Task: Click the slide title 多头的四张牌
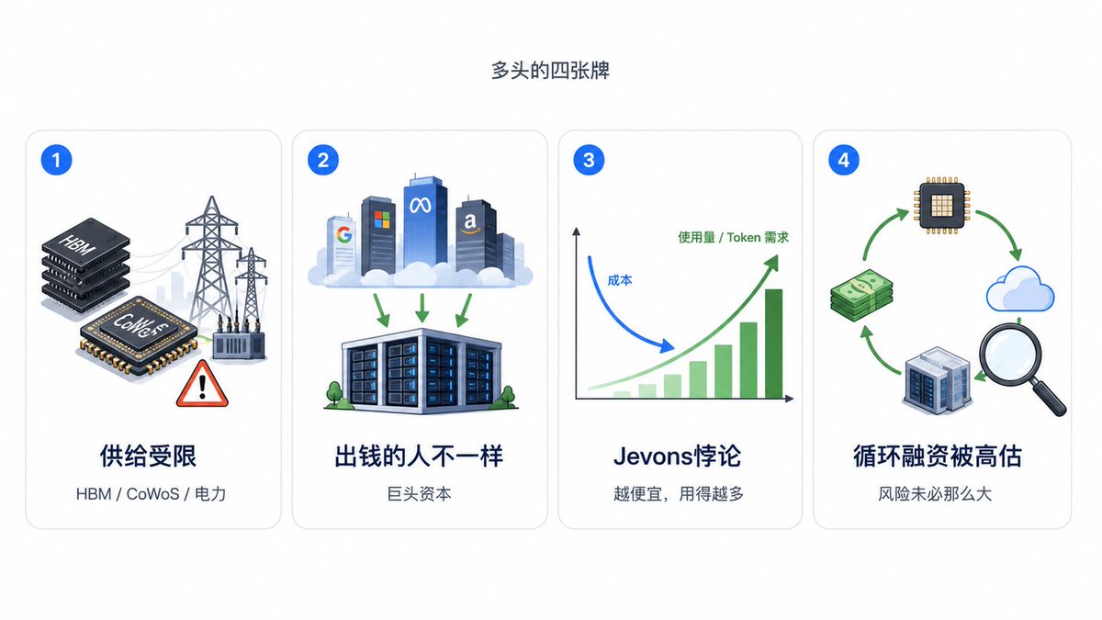pyautogui.click(x=550, y=71)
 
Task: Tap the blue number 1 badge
pyautogui.click(x=56, y=160)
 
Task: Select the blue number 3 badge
pyautogui.click(x=589, y=160)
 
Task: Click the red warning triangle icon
pyautogui.click(x=202, y=384)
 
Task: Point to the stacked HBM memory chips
pyautogui.click(x=85, y=265)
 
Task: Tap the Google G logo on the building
pyautogui.click(x=344, y=234)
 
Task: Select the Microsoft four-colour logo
pyautogui.click(x=381, y=220)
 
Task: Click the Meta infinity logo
pyautogui.click(x=421, y=205)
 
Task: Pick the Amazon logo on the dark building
pyautogui.click(x=470, y=223)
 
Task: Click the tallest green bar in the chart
pyautogui.click(x=773, y=344)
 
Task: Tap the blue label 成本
pyautogui.click(x=619, y=280)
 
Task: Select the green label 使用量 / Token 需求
pyautogui.click(x=733, y=238)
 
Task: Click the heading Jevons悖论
pyautogui.click(x=677, y=457)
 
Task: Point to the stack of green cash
pyautogui.click(x=861, y=295)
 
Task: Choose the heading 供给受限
pyautogui.click(x=148, y=457)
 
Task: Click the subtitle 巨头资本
pyautogui.click(x=419, y=494)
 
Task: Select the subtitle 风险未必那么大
pyautogui.click(x=935, y=494)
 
